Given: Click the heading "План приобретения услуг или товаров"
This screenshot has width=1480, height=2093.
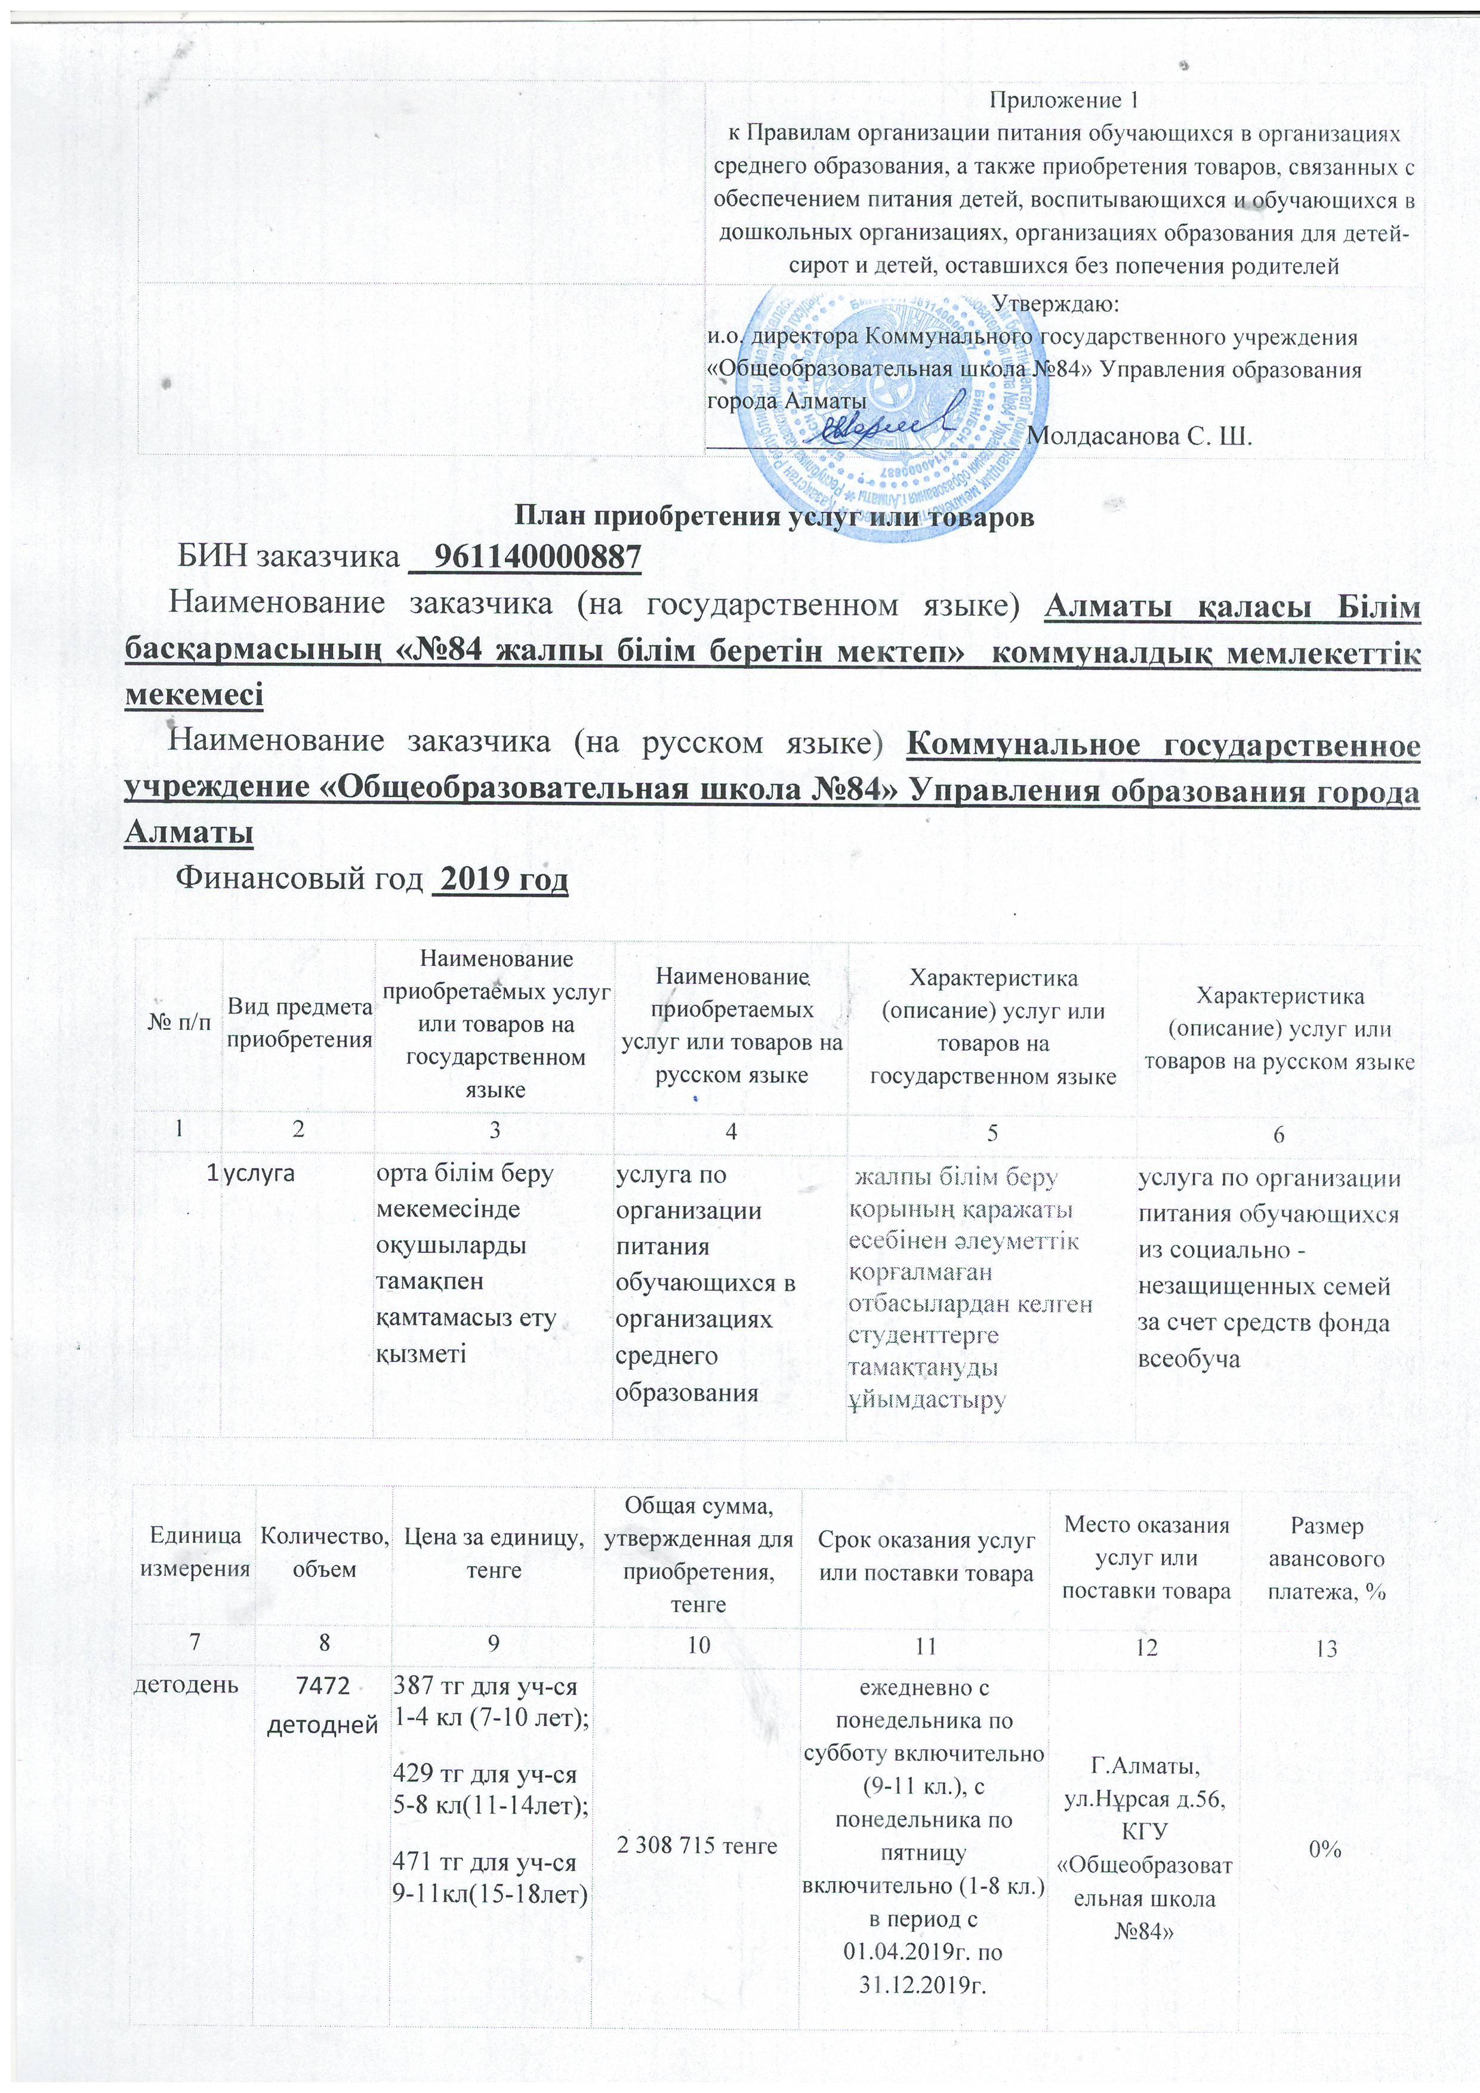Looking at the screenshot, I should click(x=775, y=516).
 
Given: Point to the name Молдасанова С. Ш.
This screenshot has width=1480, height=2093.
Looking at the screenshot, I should click(x=1139, y=435).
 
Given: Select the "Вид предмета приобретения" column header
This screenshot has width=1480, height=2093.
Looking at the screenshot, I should click(x=299, y=1023).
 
